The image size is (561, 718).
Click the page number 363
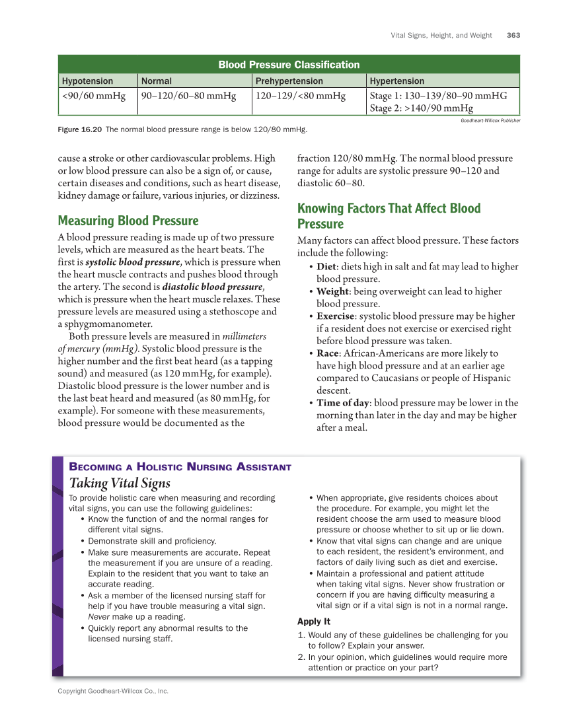click(513, 35)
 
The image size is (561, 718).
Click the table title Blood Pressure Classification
click(289, 65)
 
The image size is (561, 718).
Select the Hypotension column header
click(87, 81)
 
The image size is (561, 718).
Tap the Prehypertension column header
click(289, 81)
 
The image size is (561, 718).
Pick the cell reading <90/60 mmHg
click(93, 96)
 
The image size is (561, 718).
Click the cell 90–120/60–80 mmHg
click(188, 96)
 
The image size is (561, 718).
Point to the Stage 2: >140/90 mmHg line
click(421, 108)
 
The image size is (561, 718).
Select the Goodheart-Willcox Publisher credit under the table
click(490, 121)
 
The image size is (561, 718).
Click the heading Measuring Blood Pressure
click(128, 221)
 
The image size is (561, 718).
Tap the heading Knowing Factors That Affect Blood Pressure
click(389, 216)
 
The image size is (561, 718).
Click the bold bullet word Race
click(328, 353)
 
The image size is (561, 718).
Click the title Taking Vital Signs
click(120, 484)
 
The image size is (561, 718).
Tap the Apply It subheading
click(313, 622)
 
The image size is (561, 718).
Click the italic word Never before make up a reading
click(98, 617)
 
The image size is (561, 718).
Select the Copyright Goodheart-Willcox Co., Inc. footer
click(113, 691)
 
